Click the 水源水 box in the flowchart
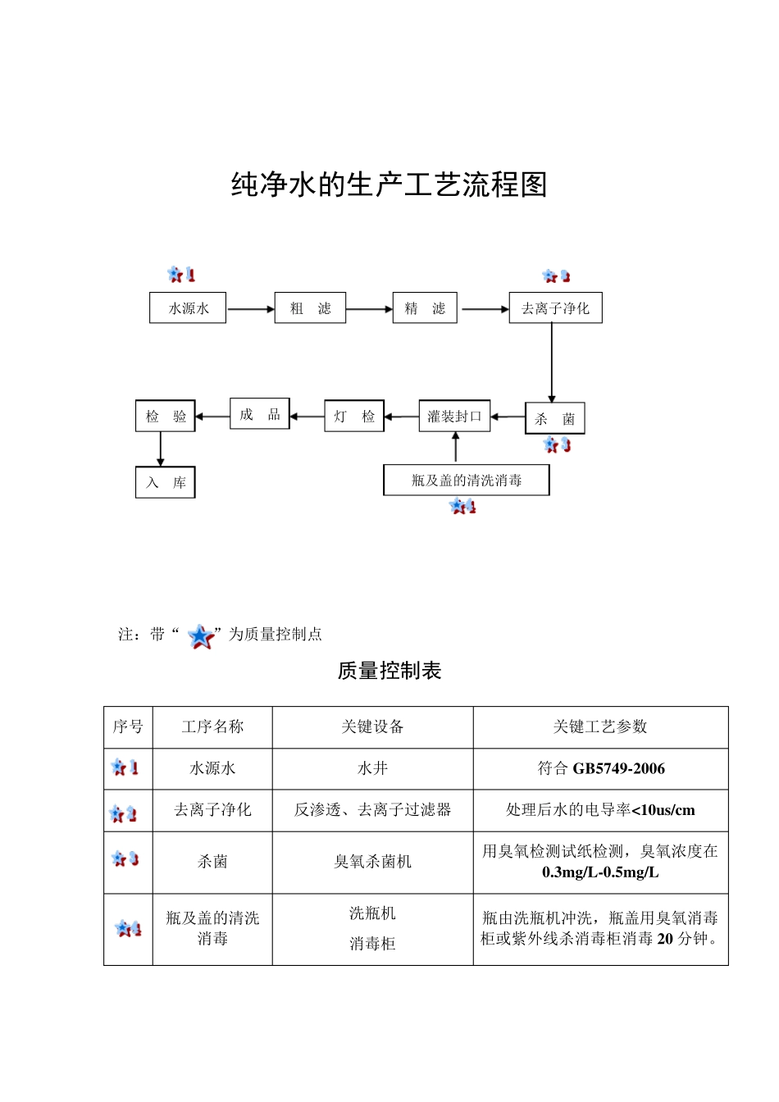[x=188, y=308]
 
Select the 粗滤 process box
[x=310, y=308]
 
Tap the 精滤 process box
[x=425, y=308]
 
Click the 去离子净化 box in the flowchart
[x=555, y=308]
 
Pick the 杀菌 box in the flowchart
[x=554, y=418]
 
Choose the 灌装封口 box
[x=454, y=417]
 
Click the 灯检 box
[x=354, y=417]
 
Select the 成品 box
[x=259, y=414]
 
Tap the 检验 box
[x=166, y=416]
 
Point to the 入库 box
[x=166, y=482]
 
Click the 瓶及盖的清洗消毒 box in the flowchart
[x=467, y=480]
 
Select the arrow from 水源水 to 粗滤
[x=250, y=309]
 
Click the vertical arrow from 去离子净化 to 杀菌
[x=552, y=362]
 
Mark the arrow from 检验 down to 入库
[x=161, y=449]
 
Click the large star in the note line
[x=201, y=636]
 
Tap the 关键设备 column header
[x=372, y=726]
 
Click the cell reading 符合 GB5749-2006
[x=600, y=768]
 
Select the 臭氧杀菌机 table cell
[x=372, y=862]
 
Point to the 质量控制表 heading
[x=389, y=671]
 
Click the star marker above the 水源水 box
[x=180, y=275]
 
